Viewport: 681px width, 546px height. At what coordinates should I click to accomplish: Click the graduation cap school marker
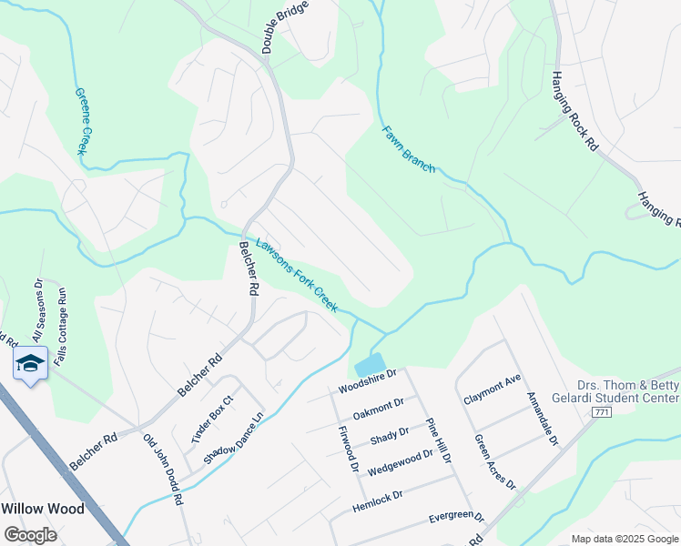click(x=31, y=364)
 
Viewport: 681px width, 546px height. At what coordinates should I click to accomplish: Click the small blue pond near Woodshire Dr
click(x=369, y=366)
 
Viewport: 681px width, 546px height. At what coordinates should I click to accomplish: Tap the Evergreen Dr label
click(x=456, y=519)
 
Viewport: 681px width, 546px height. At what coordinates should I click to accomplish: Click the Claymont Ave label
click(x=492, y=397)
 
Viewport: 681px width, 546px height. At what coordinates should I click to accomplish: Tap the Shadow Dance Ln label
click(x=234, y=438)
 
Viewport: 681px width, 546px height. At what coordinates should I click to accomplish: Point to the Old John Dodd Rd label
click(x=164, y=469)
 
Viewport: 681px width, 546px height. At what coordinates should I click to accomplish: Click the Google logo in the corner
click(x=30, y=534)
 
